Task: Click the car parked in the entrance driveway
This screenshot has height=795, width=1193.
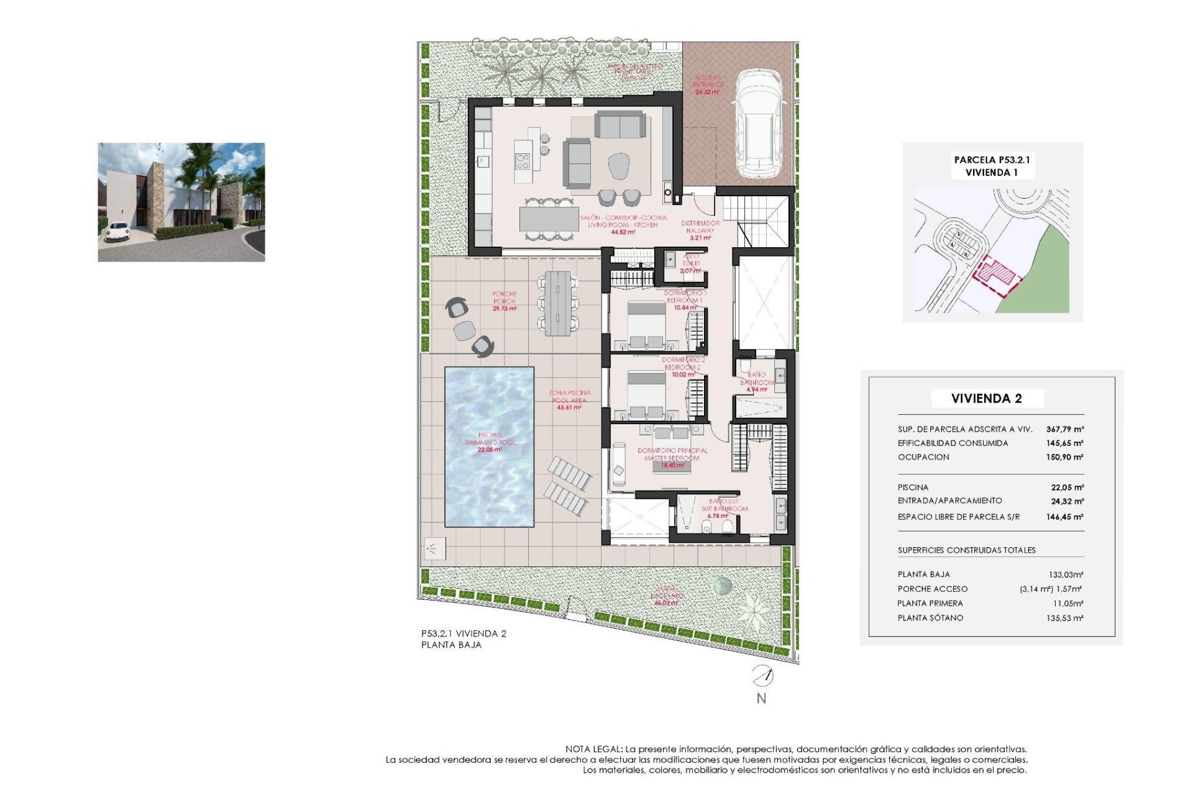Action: point(758,124)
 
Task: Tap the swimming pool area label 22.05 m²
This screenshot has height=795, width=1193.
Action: point(490,449)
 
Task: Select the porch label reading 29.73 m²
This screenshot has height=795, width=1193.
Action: point(504,308)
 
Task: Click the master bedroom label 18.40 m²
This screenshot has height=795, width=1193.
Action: point(672,465)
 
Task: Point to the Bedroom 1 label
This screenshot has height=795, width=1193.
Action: point(685,300)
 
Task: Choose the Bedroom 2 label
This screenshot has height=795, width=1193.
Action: point(683,367)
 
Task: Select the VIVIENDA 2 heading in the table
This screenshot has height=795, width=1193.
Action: point(986,399)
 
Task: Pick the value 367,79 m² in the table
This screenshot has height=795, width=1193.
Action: point(1064,429)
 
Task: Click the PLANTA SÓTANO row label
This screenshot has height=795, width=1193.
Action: point(930,618)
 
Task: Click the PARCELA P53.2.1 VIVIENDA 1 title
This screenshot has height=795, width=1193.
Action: point(992,166)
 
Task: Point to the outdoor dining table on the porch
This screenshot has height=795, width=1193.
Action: point(557,303)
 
